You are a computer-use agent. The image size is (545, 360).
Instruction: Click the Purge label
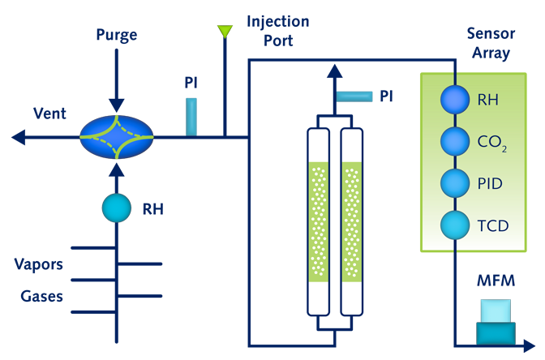[116, 35]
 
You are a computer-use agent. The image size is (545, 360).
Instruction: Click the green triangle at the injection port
[224, 32]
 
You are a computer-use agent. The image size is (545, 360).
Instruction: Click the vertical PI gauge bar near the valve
[191, 116]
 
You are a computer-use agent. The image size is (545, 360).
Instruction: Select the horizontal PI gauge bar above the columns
[354, 96]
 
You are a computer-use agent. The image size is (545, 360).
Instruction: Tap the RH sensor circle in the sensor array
[455, 101]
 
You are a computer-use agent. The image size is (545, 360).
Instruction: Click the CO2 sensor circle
[455, 142]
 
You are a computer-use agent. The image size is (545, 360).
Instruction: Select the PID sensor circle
[455, 182]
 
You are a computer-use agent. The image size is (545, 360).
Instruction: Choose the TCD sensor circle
[455, 224]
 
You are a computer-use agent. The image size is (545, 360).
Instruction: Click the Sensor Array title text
[488, 43]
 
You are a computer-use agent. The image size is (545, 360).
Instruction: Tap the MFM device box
[495, 321]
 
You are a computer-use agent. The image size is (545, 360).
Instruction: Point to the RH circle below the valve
[116, 208]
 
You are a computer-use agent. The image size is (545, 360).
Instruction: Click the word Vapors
[39, 264]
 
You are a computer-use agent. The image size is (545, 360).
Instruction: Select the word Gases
[42, 296]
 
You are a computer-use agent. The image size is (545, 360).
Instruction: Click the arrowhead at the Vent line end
[16, 138]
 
